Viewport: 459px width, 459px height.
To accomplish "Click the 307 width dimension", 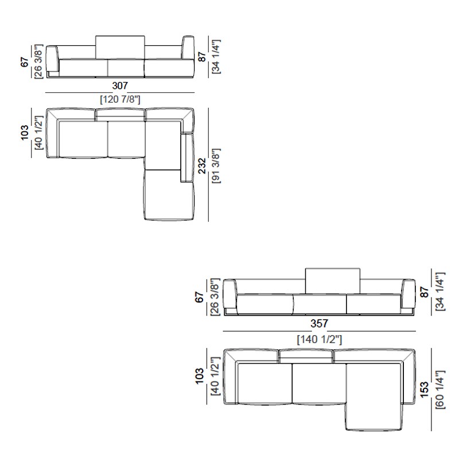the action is tap(120, 85).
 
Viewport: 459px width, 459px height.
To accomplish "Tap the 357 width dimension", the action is tap(319, 324).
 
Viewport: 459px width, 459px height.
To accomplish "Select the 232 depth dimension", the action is tap(203, 166).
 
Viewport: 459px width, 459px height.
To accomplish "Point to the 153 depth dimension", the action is tap(424, 389).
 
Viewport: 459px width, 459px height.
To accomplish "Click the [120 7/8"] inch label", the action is tap(120, 99).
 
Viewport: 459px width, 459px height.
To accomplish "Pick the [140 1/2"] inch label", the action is tap(320, 340).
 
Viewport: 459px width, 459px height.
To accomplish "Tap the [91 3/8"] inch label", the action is tap(216, 166).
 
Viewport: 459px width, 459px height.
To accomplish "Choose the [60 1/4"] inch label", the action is tap(440, 390).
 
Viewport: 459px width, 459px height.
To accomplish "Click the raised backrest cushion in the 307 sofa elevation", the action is tap(120, 47).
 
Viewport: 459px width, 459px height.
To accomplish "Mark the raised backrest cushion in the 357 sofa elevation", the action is tap(333, 281).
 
